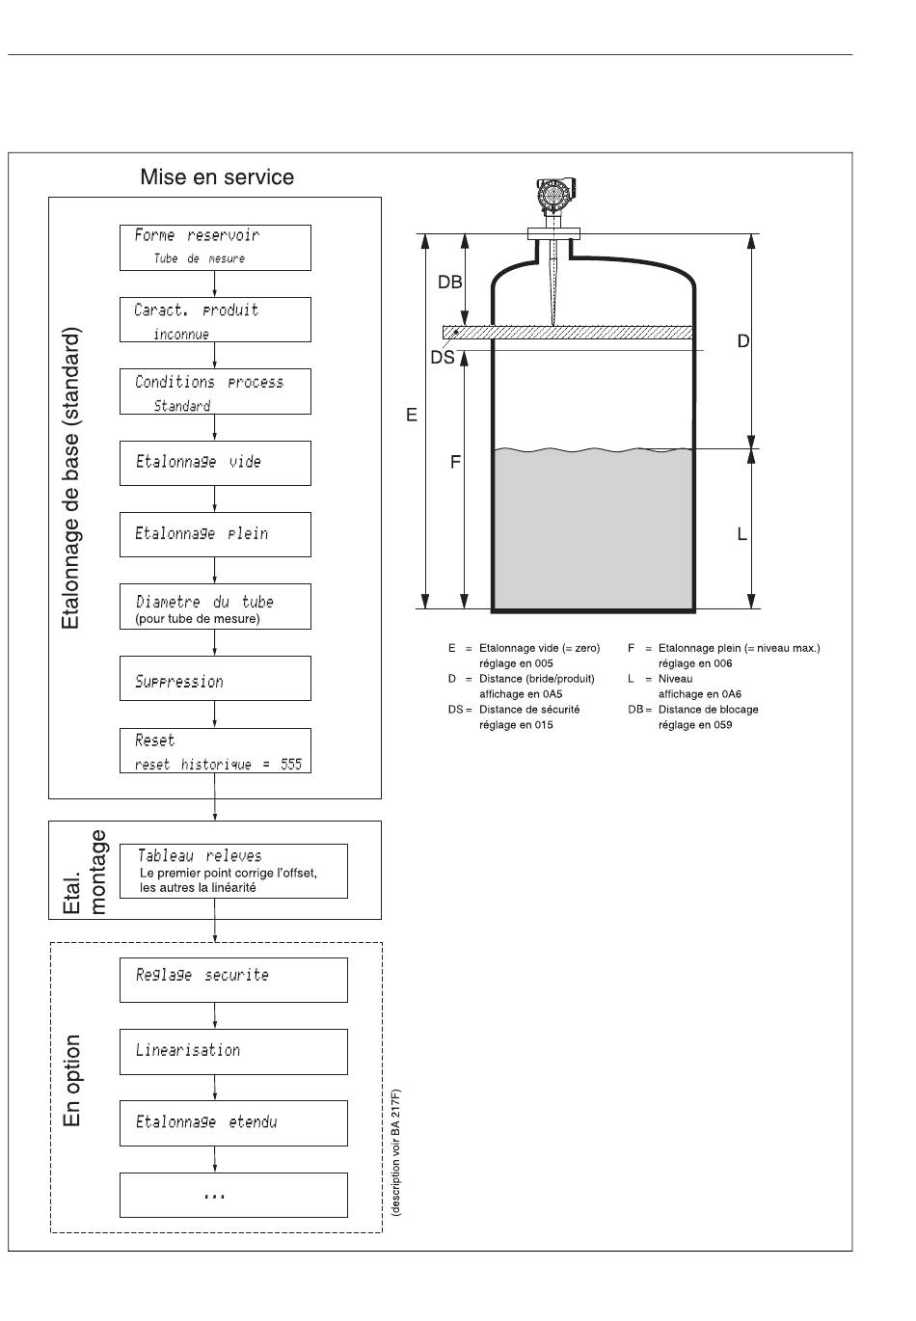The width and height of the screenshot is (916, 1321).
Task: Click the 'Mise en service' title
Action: coord(217,176)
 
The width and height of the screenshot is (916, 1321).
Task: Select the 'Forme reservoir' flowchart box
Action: coord(215,248)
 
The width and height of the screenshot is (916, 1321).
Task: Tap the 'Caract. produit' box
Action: coord(215,319)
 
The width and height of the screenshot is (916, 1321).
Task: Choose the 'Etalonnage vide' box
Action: coord(215,463)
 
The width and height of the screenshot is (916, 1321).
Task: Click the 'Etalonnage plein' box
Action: coord(215,534)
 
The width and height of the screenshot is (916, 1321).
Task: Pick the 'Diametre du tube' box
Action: coord(215,607)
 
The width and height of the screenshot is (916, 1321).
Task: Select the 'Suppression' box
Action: coord(215,678)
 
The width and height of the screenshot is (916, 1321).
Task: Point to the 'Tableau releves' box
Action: coord(233,871)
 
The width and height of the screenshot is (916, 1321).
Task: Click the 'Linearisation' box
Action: coord(233,1051)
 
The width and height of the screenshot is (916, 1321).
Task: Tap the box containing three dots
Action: coord(233,1195)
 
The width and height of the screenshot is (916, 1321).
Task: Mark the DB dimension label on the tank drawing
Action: coord(449,283)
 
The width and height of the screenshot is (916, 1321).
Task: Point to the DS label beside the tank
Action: coord(443,358)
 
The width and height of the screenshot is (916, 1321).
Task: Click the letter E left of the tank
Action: coord(412,416)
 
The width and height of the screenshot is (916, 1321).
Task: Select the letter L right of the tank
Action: coord(742,534)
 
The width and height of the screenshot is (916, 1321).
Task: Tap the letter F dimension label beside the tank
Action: coord(455,462)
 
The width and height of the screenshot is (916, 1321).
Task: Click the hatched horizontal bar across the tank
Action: coord(567,332)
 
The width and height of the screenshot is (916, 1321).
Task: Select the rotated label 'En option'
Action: coord(72,1080)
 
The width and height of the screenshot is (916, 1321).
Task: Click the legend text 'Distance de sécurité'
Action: coord(529,710)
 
